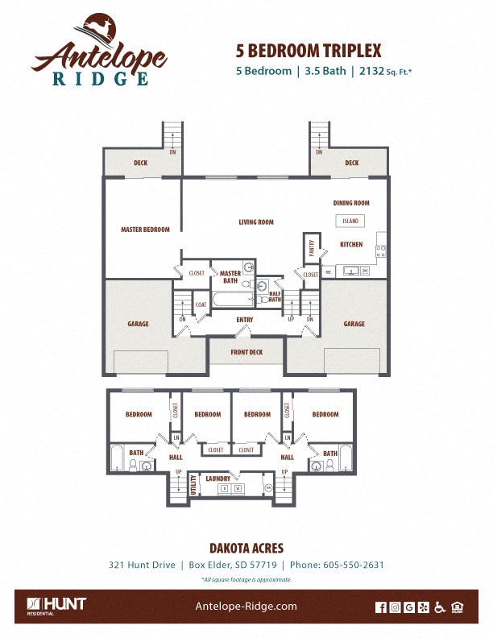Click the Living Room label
pos(256,222)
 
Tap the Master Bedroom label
pos(145,230)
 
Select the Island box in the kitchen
pos(350,221)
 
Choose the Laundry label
pos(217,478)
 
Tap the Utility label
pos(193,485)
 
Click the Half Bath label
pos(275,296)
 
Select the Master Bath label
pos(230,277)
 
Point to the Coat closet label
pos(201,304)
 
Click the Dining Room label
pos(351,203)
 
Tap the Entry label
pos(245,320)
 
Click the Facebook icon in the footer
pos(381,607)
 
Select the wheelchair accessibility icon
pos(439,607)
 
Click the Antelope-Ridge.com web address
pos(246,607)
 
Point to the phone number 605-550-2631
pos(353,565)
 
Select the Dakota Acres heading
pos(246,548)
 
